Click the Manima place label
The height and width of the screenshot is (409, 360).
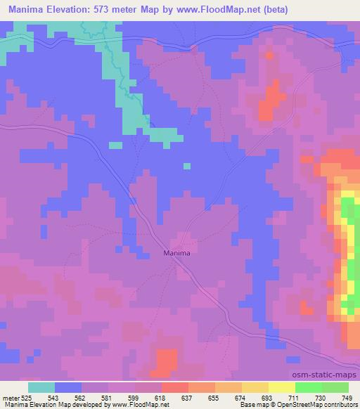177,252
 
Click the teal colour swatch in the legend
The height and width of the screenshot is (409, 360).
41,387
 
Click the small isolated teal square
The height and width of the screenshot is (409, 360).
186,166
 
